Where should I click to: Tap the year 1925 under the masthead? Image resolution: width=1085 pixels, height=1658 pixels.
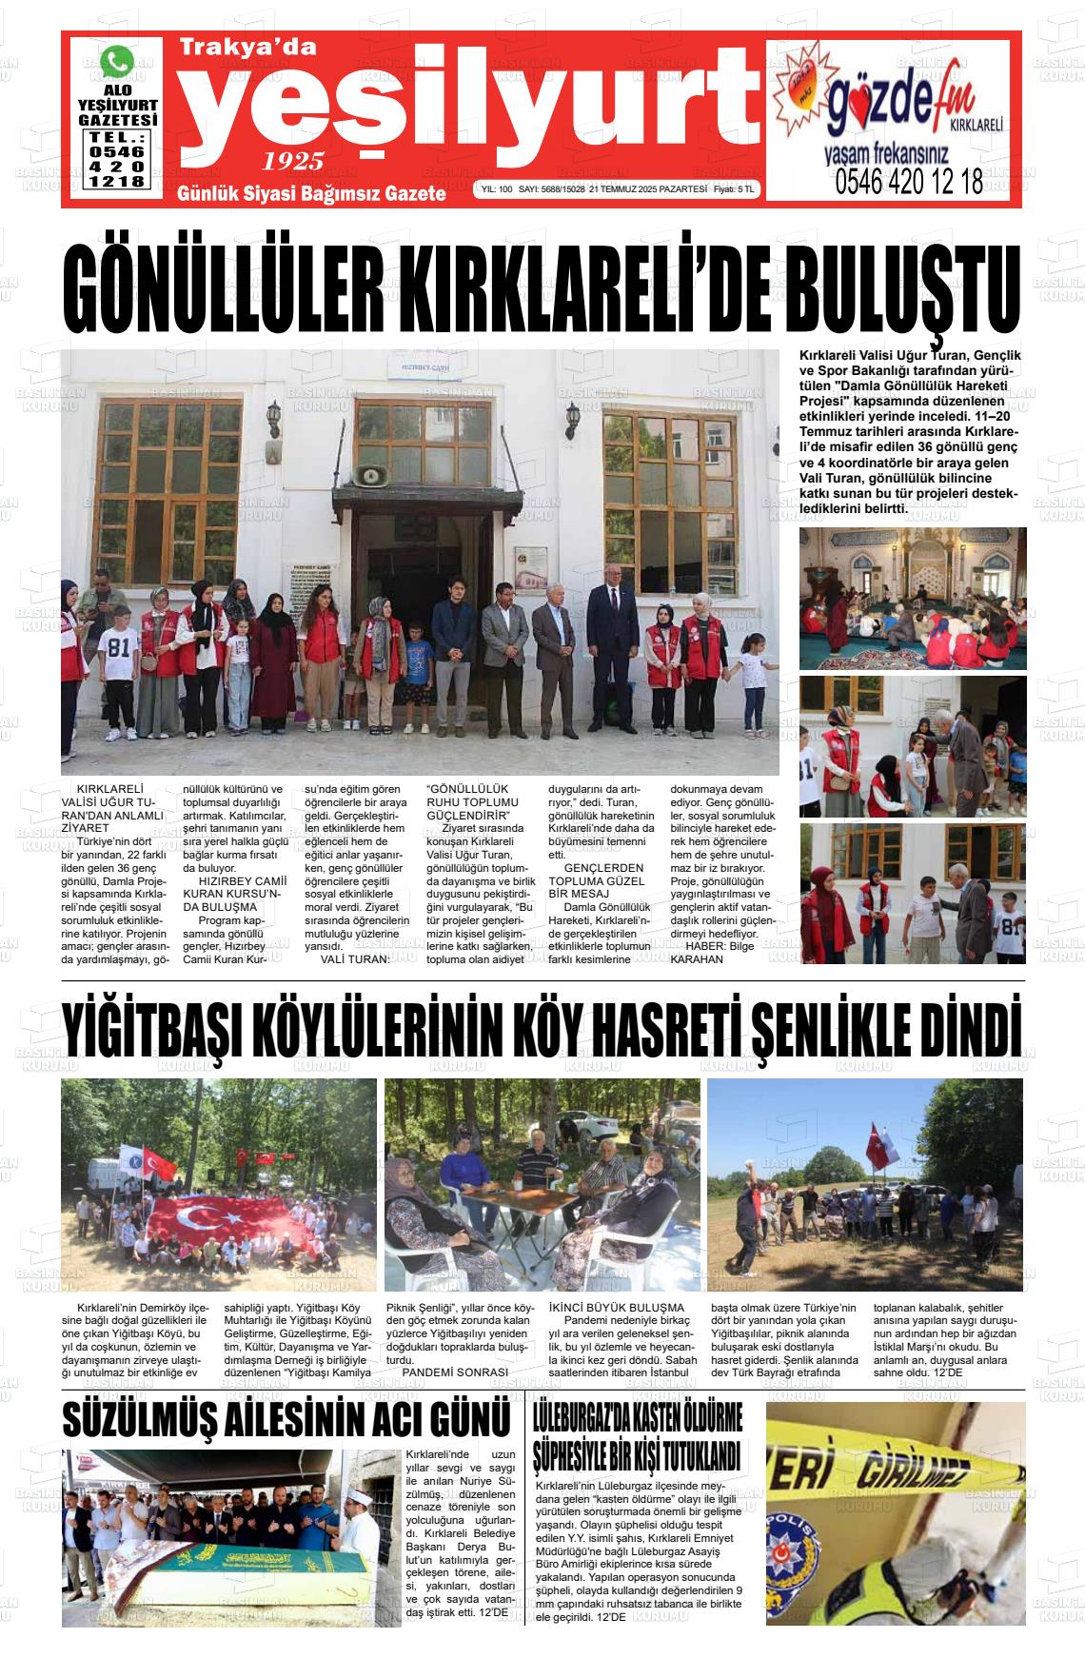(x=294, y=160)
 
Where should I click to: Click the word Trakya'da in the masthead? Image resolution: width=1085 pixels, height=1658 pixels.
(x=247, y=46)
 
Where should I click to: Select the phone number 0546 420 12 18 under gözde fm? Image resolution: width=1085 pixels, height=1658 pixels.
(x=909, y=182)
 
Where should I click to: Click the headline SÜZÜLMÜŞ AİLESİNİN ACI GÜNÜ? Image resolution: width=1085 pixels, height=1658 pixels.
(x=286, y=1419)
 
